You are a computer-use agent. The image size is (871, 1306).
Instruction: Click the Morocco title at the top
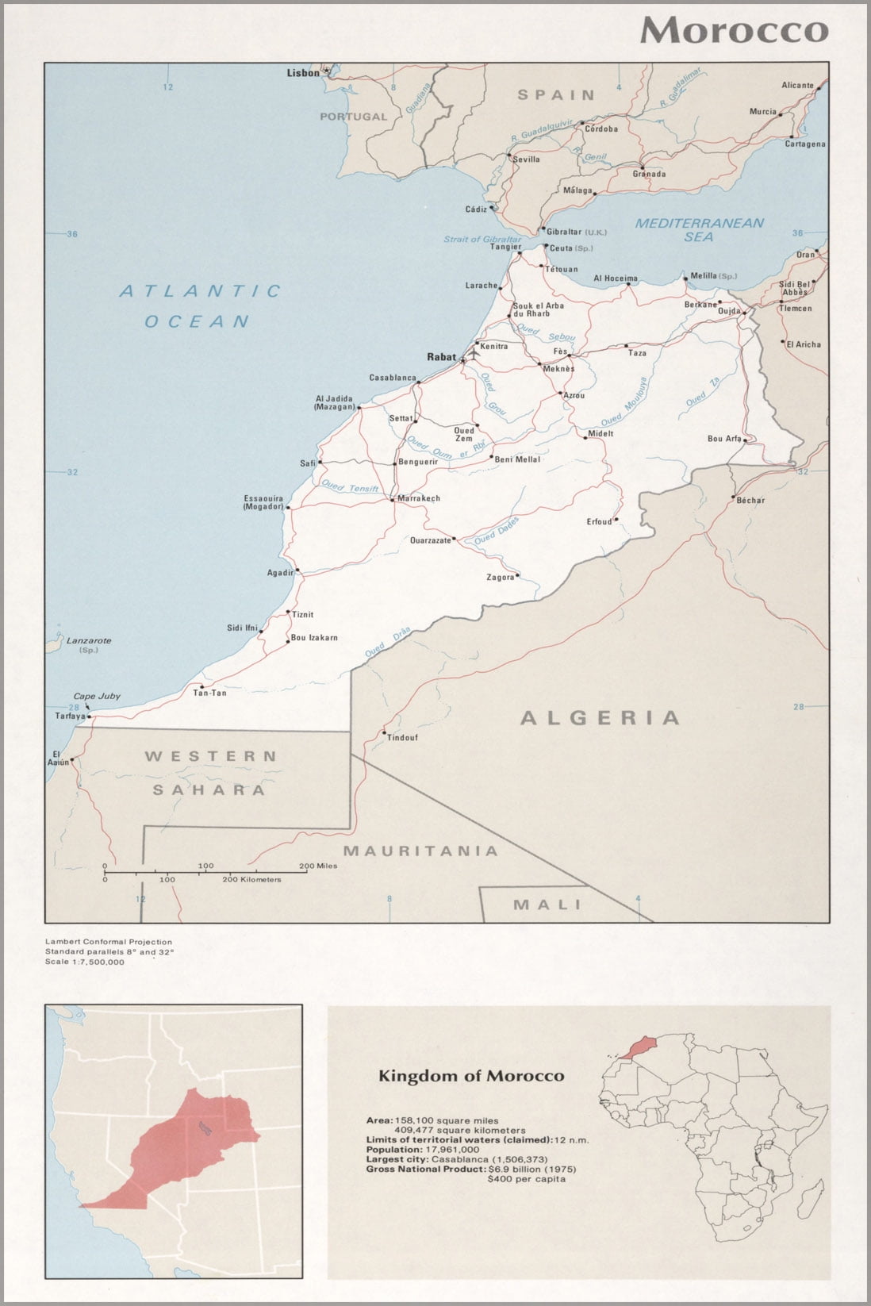[734, 30]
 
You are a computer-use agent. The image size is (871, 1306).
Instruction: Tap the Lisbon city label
[302, 73]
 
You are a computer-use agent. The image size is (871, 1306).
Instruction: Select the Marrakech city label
[418, 498]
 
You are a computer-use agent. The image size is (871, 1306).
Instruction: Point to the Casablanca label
[393, 378]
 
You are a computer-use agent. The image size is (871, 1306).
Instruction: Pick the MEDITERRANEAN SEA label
[699, 230]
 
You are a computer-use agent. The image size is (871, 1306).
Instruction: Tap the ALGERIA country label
[600, 718]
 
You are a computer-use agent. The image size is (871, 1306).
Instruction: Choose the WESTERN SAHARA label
[210, 773]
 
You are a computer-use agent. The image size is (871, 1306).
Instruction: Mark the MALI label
[547, 905]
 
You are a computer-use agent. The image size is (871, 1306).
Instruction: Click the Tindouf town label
[402, 738]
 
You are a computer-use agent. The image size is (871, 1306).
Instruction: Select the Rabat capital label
[441, 357]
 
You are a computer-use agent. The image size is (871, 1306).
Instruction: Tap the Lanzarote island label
[89, 640]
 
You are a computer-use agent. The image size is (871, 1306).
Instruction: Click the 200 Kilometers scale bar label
[252, 879]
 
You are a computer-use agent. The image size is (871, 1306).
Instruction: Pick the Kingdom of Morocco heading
[471, 1076]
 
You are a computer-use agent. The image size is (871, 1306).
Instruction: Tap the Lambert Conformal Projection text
[108, 942]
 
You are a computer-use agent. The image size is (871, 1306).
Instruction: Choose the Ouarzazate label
[431, 540]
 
